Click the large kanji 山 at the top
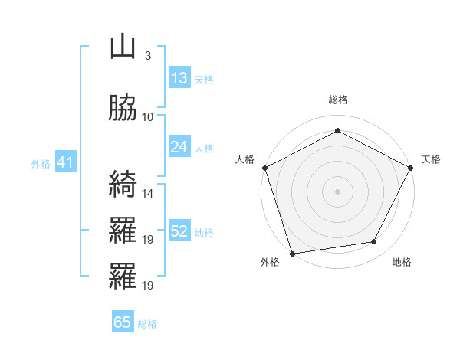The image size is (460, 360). pos(123,47)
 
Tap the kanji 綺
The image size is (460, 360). pos(123,185)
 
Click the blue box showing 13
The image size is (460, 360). pos(179,78)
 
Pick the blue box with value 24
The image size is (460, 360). pos(179,147)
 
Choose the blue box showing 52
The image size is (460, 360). pos(179,231)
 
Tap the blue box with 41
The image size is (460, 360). pos(64,162)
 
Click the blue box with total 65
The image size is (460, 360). pos(123,322)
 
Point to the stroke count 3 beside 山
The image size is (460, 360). pos(147,56)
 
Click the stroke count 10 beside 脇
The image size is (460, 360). pos(148,116)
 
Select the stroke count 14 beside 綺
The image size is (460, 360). pos(148,194)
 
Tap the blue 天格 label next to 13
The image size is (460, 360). pos(204,79)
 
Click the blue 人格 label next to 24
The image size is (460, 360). pos(204,148)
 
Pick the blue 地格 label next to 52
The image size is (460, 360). pos(204,232)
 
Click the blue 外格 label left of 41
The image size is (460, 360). pos(41,163)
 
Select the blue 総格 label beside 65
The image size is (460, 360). pos(147,323)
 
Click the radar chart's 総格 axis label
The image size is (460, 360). pos(338,100)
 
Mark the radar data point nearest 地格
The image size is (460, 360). pos(374,242)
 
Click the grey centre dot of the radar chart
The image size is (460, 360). pos(338,191)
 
